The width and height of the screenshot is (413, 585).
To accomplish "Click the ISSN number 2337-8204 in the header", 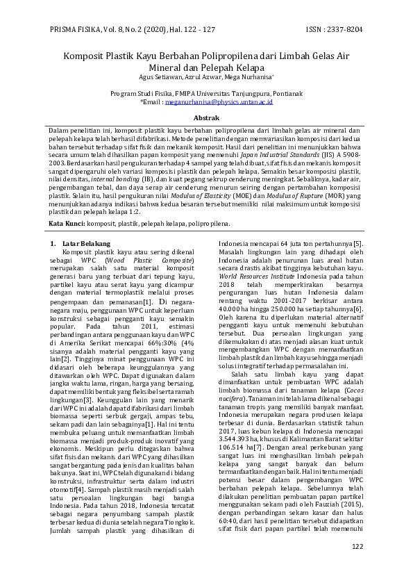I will coord(345,29).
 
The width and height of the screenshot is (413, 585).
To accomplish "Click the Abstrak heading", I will coord(206,119).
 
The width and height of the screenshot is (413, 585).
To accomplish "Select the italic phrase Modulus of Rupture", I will coord(317,197).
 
